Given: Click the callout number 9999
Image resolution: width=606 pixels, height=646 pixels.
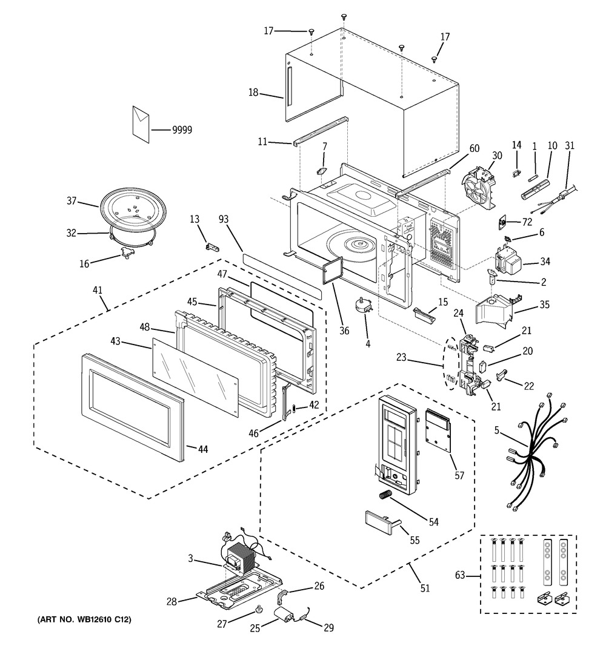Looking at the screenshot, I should (x=182, y=130).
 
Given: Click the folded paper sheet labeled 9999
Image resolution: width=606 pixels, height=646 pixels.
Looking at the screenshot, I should (x=141, y=125).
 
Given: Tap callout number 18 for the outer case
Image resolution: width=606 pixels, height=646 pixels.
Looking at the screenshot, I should (x=253, y=93).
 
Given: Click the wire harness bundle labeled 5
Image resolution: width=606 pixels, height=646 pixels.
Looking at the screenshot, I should (x=530, y=451).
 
